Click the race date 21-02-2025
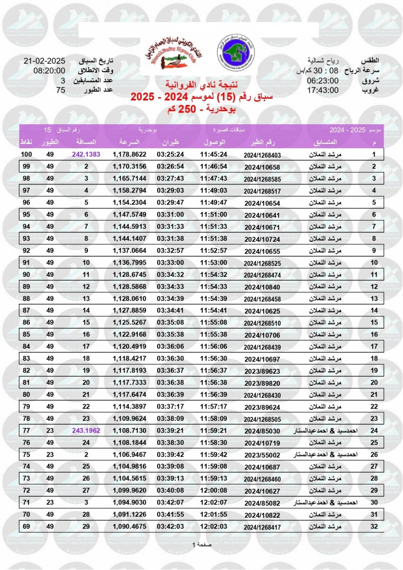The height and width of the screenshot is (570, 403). (x=44, y=61)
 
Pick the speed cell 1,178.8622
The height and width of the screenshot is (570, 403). (x=130, y=154)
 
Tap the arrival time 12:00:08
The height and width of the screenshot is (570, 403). (x=214, y=490)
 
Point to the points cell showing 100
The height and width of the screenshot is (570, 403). (x=27, y=154)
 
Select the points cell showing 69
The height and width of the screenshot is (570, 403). (x=27, y=526)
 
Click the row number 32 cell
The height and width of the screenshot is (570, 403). (x=374, y=526)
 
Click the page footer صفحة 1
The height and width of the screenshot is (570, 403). (x=201, y=544)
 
